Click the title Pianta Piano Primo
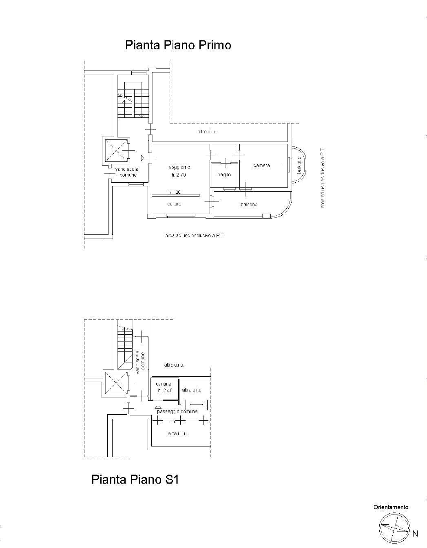[178, 45]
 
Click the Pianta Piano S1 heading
[135, 479]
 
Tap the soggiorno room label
[179, 168]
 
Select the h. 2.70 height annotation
[179, 175]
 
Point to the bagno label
[224, 175]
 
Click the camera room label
[261, 166]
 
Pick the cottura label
[174, 204]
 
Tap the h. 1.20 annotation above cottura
[175, 192]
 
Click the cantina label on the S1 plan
[164, 384]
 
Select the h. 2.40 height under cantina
[165, 390]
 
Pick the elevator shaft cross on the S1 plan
[116, 383]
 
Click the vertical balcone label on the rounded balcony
[299, 165]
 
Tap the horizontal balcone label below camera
[249, 205]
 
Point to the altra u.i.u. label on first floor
[207, 132]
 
